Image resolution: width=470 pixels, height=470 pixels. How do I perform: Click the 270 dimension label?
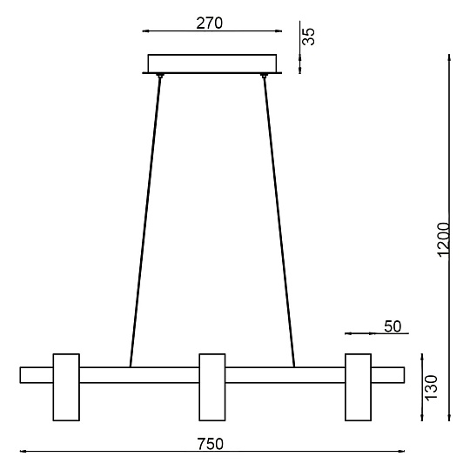point(210,23)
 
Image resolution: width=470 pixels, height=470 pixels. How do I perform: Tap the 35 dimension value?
point(308,37)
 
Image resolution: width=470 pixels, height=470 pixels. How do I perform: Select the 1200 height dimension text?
point(443,239)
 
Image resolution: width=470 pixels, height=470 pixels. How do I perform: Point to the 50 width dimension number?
point(393,326)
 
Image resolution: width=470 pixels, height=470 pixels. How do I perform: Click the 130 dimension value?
point(432,387)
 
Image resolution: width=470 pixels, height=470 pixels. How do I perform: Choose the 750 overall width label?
point(211,444)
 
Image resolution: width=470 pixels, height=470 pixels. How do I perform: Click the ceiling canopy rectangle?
point(211,64)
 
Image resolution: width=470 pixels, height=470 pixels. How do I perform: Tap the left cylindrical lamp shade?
point(66,387)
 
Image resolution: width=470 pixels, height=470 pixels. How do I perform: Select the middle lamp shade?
point(212,387)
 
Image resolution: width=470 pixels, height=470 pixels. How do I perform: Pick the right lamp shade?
point(359,387)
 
